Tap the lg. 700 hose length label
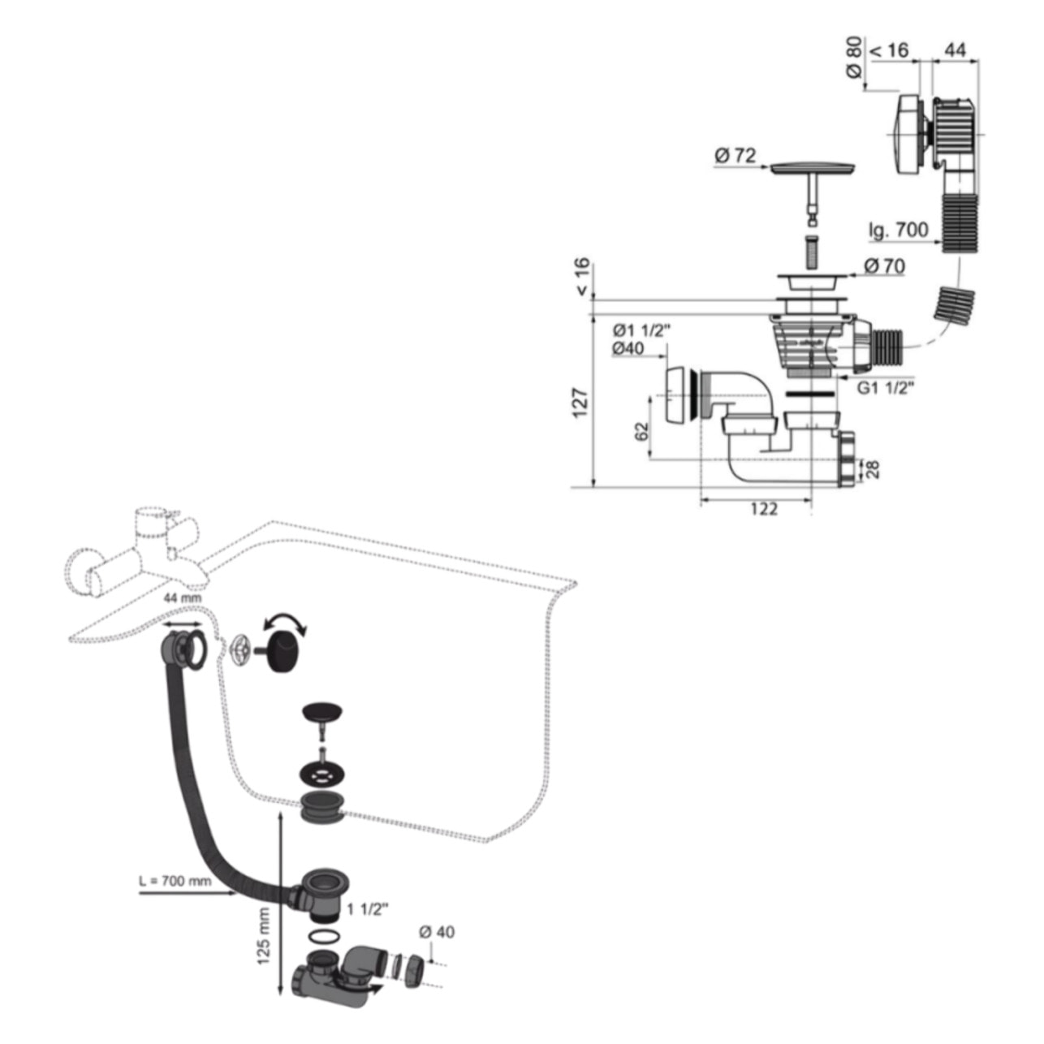pos(898,231)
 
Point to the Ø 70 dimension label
pos(884,265)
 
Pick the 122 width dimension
pos(764,509)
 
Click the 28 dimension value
pos(873,468)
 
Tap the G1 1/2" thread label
pos(886,388)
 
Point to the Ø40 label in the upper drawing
pos(628,348)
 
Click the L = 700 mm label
pos(175,881)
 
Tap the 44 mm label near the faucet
pos(183,599)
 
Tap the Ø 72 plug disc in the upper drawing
pos(812,168)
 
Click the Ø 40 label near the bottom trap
pos(437,932)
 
